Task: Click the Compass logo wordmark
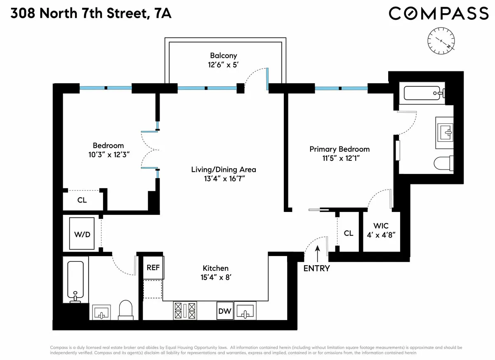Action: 438,13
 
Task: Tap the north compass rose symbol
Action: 442,41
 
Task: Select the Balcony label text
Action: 223,56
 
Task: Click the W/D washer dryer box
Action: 82,234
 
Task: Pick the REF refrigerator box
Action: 153,267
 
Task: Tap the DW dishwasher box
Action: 225,311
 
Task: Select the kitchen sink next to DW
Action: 245,311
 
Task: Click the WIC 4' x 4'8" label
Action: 381,230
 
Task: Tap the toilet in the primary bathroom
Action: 445,163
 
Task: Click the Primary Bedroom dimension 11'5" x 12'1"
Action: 339,158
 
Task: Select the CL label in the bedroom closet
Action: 82,201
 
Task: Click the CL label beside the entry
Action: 349,233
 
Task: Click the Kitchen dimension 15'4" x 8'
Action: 215,277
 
